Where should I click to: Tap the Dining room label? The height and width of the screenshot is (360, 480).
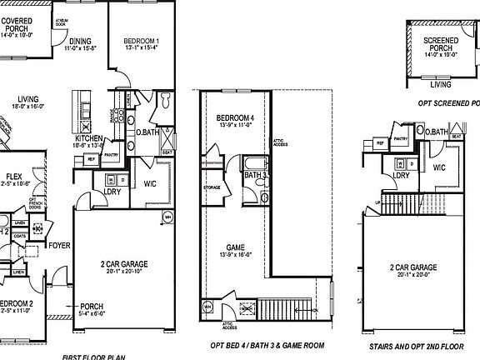[x=81, y=40]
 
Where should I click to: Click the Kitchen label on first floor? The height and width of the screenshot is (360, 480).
[x=89, y=138]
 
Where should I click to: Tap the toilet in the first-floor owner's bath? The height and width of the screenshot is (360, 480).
[x=164, y=101]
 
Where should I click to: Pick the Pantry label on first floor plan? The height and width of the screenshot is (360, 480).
[x=112, y=155]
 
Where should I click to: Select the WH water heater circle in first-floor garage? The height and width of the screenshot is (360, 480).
[x=167, y=219]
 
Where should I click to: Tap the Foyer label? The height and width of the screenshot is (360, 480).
[x=58, y=246]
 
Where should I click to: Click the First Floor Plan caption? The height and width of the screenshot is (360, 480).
[x=93, y=357]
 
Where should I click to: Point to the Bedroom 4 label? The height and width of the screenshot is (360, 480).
[x=234, y=118]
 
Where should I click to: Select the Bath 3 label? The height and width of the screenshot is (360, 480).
[x=254, y=175]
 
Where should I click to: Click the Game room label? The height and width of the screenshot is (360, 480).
[x=234, y=247]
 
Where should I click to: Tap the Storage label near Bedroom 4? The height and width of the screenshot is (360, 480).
[x=212, y=187]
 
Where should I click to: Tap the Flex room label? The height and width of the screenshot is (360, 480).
[x=13, y=176]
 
